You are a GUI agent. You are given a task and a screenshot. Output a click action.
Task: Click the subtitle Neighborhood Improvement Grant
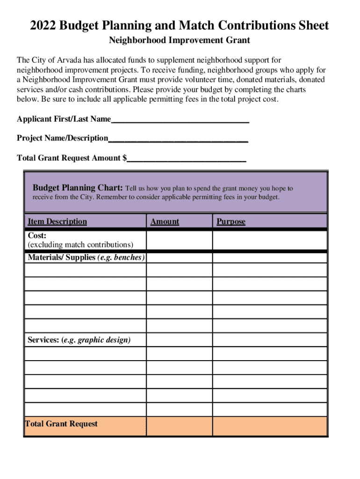(x=180, y=41)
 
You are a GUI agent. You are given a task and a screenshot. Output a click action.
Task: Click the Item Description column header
(x=57, y=221)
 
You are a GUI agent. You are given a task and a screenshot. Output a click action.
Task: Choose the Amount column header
(x=165, y=221)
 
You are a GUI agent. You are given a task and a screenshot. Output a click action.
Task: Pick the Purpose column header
(x=230, y=221)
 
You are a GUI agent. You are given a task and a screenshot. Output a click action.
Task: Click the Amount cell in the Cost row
(x=179, y=240)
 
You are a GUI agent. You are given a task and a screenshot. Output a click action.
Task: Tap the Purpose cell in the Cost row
(x=269, y=240)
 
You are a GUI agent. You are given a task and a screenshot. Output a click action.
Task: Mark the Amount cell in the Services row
(x=179, y=340)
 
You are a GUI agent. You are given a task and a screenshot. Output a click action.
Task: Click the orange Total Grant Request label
(x=61, y=424)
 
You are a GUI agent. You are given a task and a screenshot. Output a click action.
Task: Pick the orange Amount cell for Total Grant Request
(x=179, y=426)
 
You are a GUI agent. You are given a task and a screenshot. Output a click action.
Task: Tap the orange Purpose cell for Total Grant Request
(x=269, y=426)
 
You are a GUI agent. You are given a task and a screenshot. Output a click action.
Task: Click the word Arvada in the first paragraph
(x=72, y=60)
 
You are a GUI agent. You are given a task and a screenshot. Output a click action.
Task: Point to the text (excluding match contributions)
(x=80, y=245)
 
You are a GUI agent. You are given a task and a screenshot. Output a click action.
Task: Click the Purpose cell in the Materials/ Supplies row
(x=269, y=258)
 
